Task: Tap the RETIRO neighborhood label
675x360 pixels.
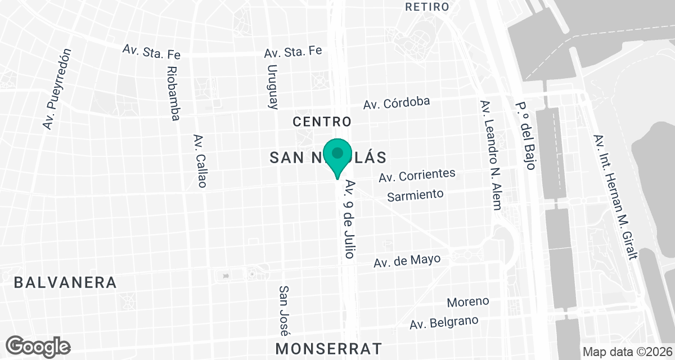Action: (x=427, y=7)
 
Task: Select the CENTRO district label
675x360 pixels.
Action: (x=322, y=121)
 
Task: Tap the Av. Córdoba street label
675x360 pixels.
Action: (x=397, y=102)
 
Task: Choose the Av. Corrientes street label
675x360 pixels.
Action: (x=417, y=175)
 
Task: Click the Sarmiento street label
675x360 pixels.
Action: (x=416, y=195)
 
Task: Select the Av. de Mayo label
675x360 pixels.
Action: (x=407, y=261)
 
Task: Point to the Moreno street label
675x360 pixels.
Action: (x=468, y=301)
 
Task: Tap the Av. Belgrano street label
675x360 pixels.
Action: (x=444, y=322)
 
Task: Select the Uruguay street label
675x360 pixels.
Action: (x=273, y=86)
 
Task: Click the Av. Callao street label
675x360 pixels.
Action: (x=200, y=161)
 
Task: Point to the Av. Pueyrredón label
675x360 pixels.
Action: (x=58, y=89)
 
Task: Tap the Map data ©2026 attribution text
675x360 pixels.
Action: (x=627, y=352)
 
